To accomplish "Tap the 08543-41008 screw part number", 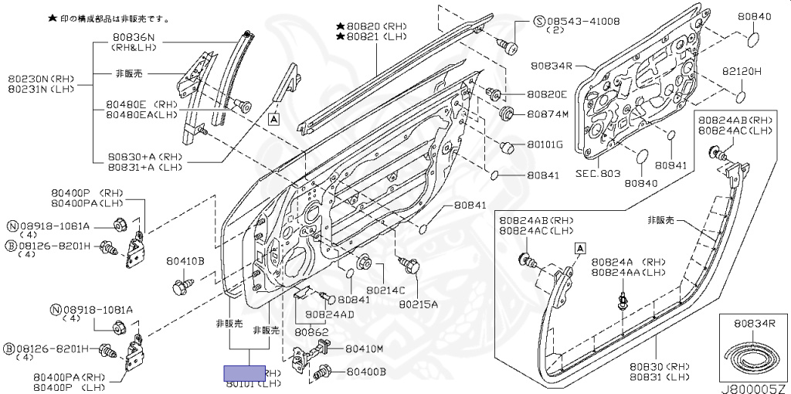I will tap(576, 19).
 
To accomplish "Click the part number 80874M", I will tap(548, 114).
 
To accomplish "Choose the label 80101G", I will tap(545, 144).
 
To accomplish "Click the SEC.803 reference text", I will tap(598, 174).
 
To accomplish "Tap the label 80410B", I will tap(185, 261).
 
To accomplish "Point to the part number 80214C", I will tap(385, 290).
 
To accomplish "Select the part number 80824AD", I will tap(329, 314).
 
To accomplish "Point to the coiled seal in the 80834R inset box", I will tap(749, 358).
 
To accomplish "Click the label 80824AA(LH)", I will tap(629, 272).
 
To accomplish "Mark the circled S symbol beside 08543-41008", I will tap(540, 19).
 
